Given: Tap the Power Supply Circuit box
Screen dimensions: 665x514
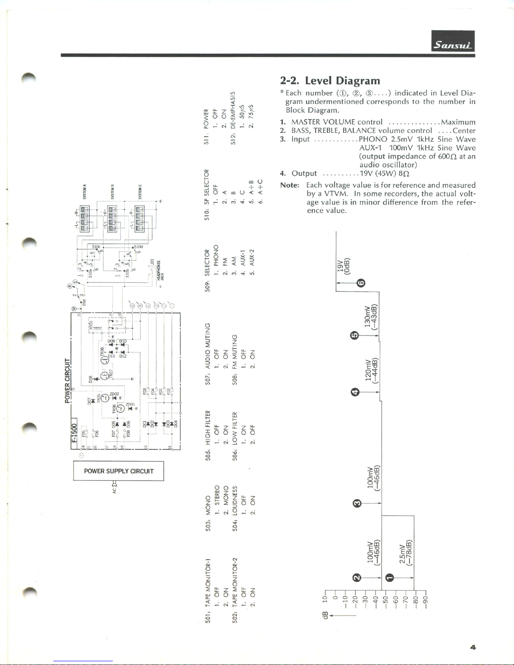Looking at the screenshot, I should pyautogui.click(x=118, y=471).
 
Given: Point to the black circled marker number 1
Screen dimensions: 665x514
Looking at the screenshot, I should pyautogui.click(x=389, y=577).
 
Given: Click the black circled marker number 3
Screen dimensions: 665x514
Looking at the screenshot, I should pyautogui.click(x=357, y=503).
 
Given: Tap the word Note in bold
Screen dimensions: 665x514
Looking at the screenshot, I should pyautogui.click(x=290, y=185).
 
